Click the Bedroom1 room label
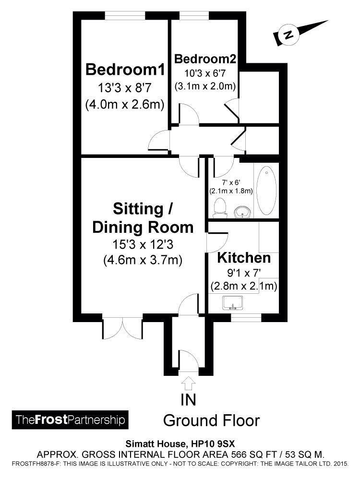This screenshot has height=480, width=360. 125,70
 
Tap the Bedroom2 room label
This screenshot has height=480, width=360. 205,59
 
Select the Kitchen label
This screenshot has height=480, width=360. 244,258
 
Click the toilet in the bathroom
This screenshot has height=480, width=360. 219,208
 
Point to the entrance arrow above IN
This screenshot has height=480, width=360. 188,384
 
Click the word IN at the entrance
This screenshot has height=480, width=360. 188,399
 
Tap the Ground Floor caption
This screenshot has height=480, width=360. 212,420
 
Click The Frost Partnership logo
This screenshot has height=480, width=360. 70,420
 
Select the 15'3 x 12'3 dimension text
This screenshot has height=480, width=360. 143,244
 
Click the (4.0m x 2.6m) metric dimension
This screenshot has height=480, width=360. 125,104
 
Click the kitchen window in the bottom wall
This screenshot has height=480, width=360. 246,317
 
